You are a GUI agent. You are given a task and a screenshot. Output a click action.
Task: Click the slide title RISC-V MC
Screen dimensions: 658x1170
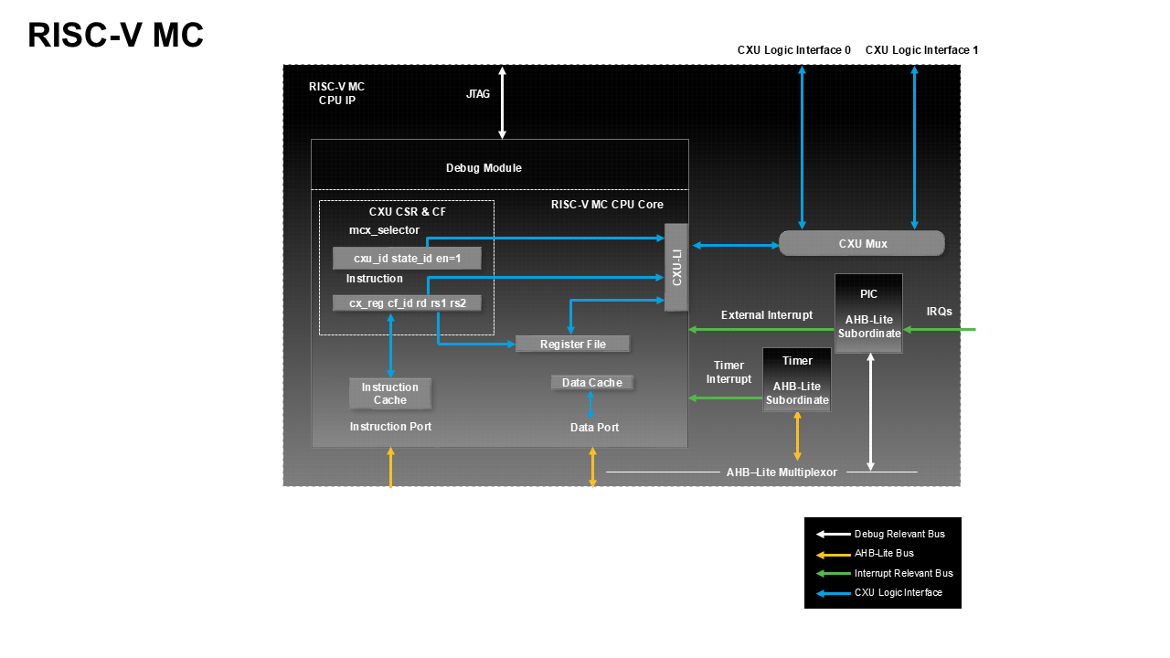(x=115, y=36)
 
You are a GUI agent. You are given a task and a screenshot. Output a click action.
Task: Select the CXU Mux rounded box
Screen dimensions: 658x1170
(x=862, y=243)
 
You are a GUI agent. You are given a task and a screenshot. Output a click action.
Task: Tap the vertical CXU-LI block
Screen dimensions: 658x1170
(x=676, y=267)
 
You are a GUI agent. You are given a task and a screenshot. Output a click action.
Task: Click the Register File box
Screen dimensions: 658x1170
(x=573, y=344)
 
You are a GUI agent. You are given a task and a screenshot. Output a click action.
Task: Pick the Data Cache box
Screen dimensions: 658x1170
(x=592, y=382)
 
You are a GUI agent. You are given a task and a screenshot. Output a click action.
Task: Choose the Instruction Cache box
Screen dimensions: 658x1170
(x=390, y=393)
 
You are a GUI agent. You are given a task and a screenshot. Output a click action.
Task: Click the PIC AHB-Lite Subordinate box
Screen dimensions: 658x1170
(x=868, y=313)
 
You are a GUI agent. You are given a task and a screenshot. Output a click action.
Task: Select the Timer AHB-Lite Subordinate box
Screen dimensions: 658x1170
(x=797, y=380)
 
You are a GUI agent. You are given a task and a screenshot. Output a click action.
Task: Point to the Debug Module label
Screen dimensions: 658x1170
(x=484, y=168)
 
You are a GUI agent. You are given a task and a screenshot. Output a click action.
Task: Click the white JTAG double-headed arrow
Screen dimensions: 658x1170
(x=502, y=102)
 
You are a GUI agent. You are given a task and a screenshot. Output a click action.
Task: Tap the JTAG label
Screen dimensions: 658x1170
(x=478, y=94)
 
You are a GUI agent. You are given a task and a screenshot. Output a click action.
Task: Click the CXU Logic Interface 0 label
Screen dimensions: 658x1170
(x=793, y=50)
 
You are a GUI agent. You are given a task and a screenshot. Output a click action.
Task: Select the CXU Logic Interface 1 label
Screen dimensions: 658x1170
(x=921, y=50)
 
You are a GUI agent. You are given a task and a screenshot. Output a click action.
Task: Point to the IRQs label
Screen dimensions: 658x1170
(x=939, y=312)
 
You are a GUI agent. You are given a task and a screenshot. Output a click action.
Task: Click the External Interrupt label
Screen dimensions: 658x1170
(x=766, y=315)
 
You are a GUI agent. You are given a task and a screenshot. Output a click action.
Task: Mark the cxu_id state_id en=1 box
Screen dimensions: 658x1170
(x=407, y=259)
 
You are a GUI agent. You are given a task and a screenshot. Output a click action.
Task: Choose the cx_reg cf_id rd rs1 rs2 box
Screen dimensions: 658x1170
(x=407, y=302)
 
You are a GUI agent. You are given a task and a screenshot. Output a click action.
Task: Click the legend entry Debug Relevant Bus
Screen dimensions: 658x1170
(x=899, y=534)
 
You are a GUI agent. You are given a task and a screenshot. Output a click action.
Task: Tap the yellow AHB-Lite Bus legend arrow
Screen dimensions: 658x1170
(x=833, y=554)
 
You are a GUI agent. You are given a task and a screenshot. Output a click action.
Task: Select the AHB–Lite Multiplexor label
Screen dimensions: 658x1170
(x=782, y=472)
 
